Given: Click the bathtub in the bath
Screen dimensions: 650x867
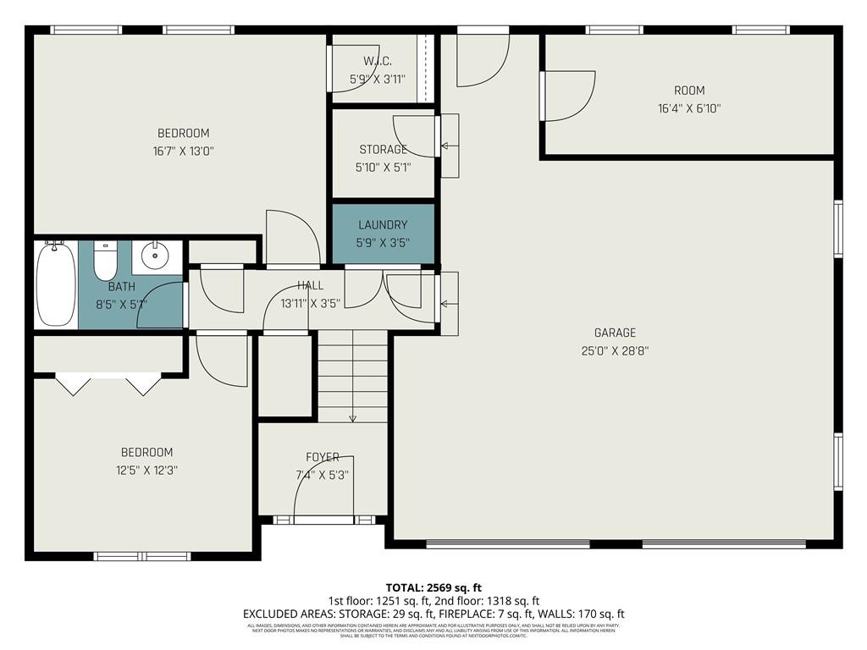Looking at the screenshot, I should (56, 284).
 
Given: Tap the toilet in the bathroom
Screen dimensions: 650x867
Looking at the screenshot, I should (105, 262).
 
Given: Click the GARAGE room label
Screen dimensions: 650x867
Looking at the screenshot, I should (614, 333).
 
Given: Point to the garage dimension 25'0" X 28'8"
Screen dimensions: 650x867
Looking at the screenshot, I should (614, 350).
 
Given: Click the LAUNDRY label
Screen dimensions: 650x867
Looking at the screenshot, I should (383, 225).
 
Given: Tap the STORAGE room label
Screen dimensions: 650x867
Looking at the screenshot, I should (383, 150).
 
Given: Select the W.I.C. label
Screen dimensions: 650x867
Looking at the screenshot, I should (377, 61).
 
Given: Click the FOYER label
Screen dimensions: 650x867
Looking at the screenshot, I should (323, 457).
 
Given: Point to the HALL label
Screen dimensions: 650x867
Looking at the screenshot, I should (310, 286).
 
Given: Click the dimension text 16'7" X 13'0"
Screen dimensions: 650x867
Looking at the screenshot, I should (183, 151).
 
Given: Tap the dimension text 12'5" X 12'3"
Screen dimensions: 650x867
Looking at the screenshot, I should (146, 471).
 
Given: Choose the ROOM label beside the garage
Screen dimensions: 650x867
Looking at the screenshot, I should (688, 91).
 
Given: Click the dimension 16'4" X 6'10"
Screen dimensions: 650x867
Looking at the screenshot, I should (688, 108).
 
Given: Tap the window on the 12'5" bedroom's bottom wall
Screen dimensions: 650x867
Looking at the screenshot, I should (141, 556).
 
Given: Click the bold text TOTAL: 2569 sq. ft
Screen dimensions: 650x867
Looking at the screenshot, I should (433, 587).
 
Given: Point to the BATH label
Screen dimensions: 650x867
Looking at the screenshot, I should (121, 287).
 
